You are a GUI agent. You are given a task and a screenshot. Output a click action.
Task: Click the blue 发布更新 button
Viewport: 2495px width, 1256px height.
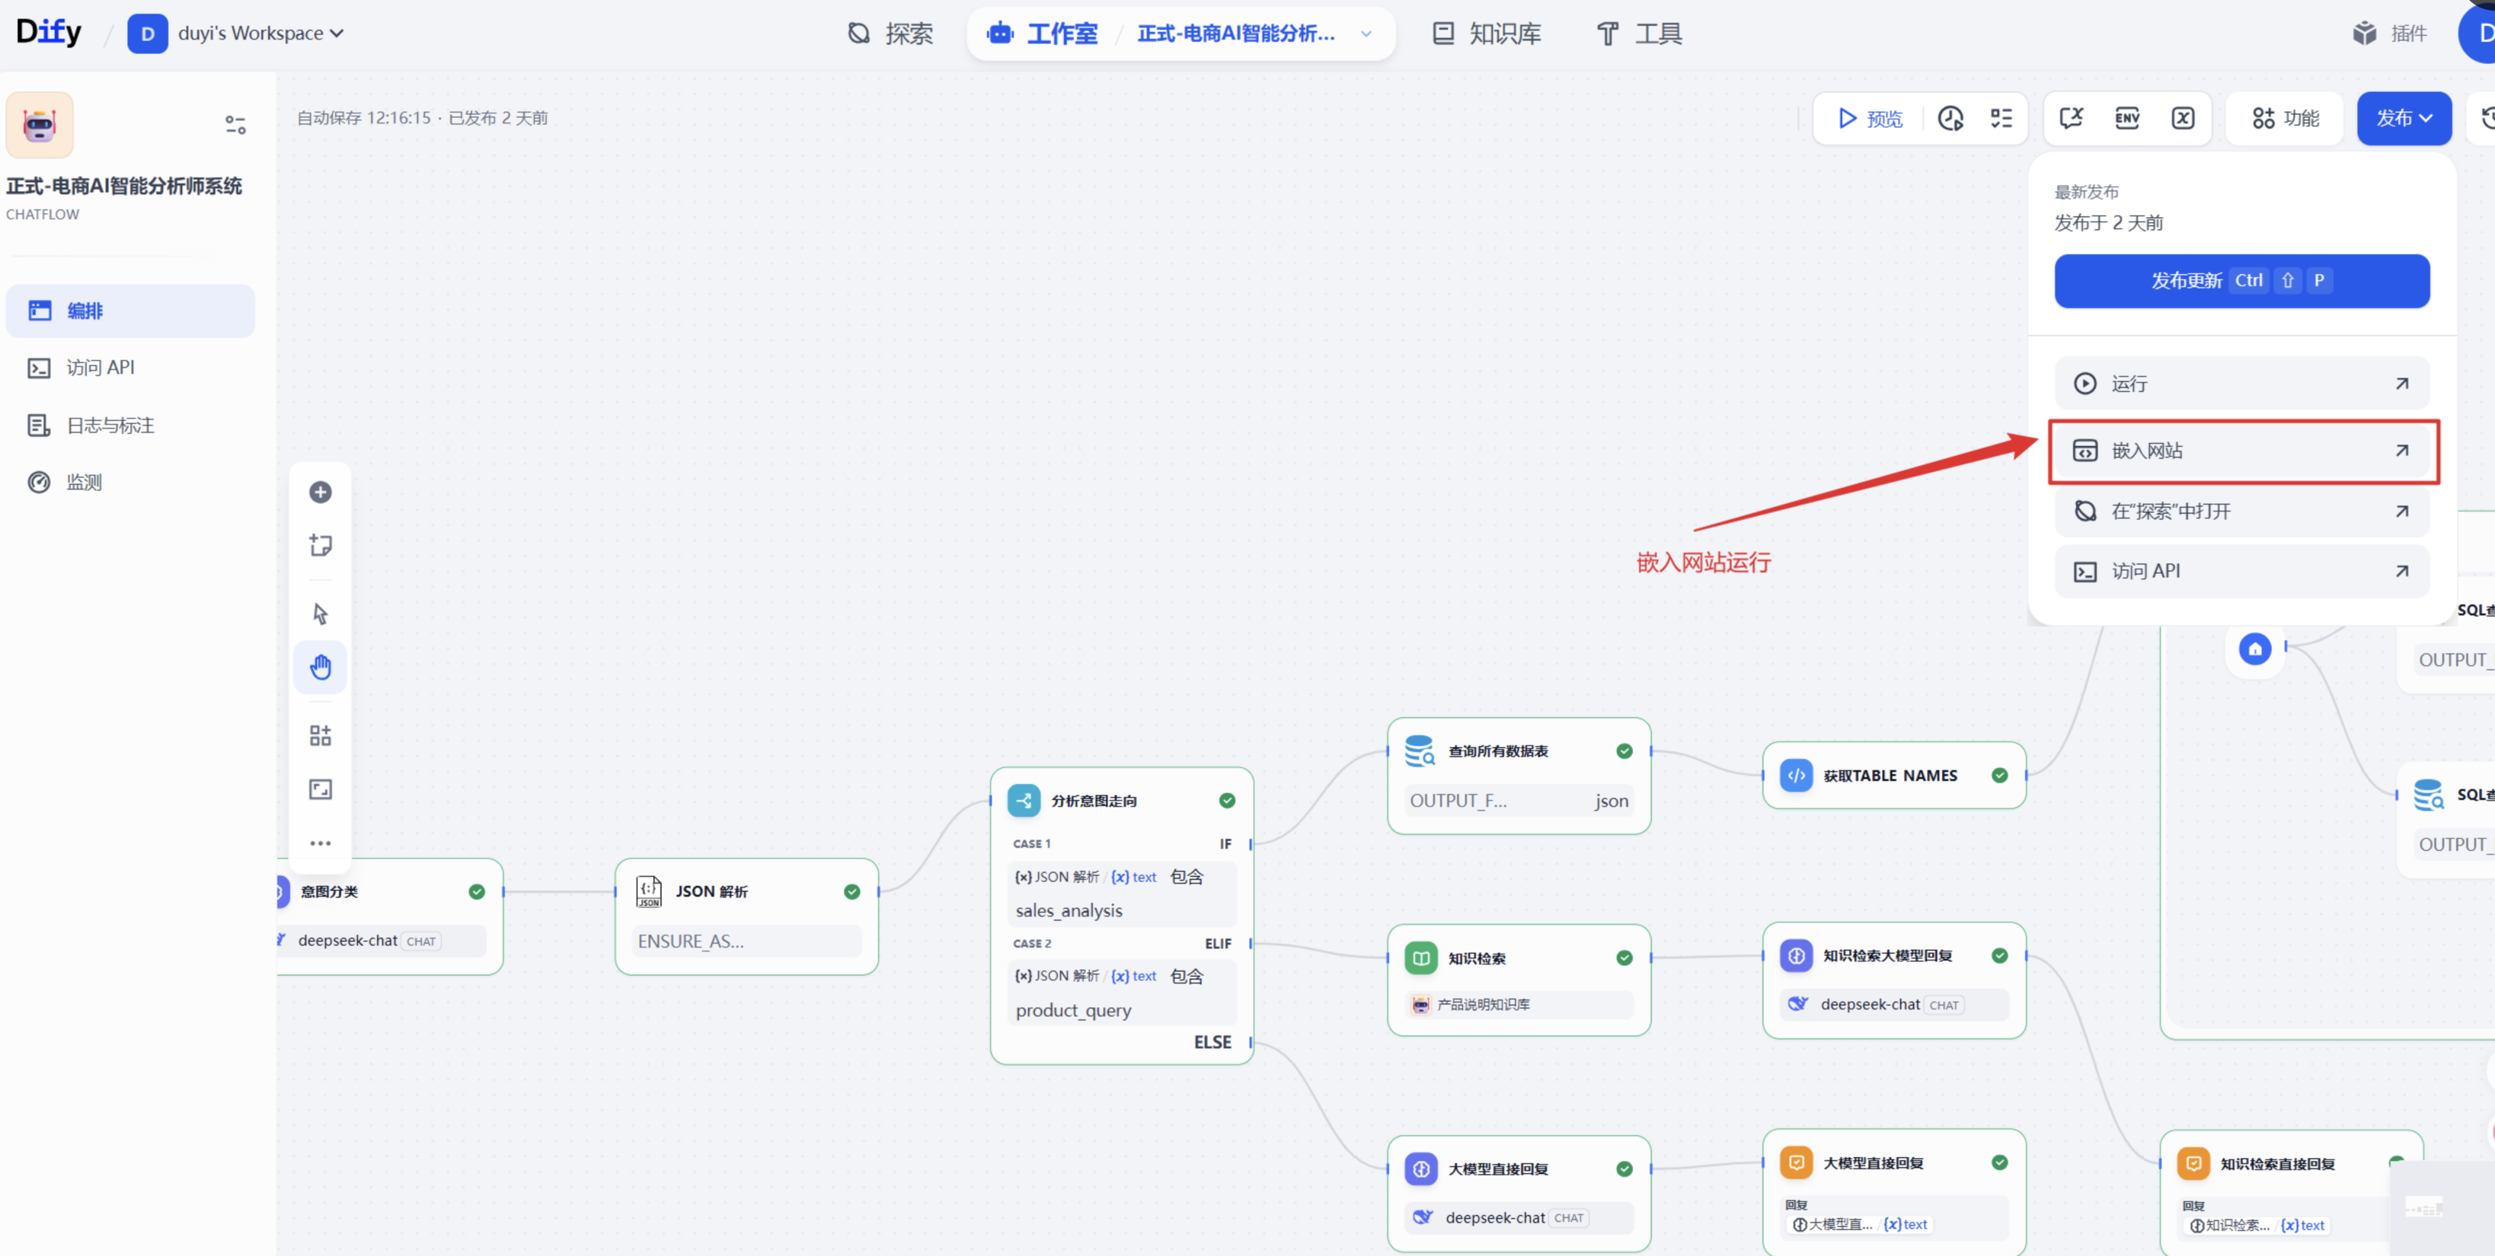click(2241, 281)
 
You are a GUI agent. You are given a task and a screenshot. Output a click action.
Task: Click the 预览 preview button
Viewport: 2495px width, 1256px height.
click(1870, 118)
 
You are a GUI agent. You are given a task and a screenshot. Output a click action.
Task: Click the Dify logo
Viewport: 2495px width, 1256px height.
click(49, 32)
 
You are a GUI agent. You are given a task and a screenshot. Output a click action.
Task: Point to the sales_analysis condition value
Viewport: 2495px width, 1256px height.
click(1069, 911)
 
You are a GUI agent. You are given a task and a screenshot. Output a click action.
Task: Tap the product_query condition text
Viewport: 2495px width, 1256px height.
click(1073, 1010)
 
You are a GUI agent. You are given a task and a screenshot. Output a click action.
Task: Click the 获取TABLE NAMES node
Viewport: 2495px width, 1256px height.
click(1893, 776)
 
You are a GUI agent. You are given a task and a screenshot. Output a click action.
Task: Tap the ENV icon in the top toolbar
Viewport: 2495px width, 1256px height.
click(2127, 118)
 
